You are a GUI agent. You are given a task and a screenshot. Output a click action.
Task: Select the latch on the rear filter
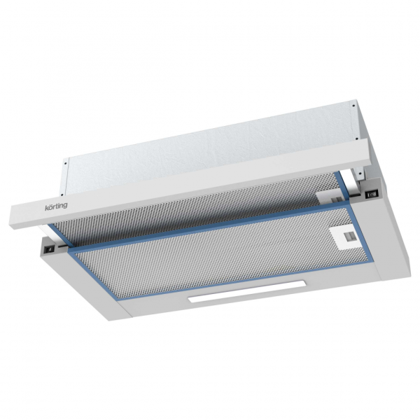tap(325, 195)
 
